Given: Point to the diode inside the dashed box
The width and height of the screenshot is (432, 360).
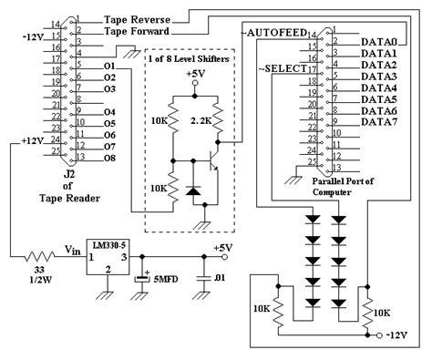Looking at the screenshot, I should [x=193, y=191].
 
